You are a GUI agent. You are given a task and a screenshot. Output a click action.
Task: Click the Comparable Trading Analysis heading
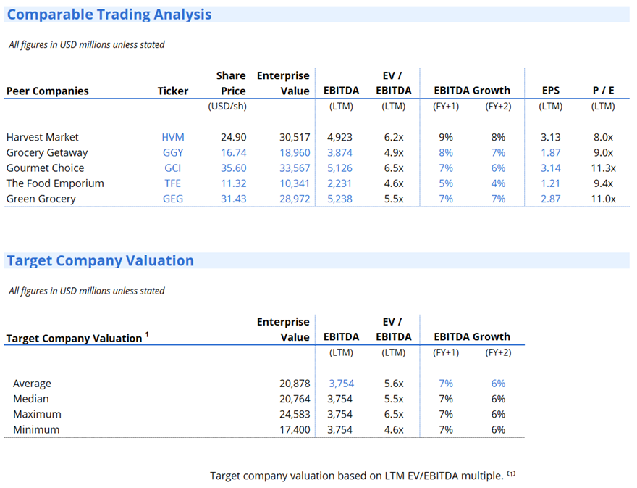click(109, 15)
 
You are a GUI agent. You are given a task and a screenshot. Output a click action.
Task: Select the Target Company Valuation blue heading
click(100, 261)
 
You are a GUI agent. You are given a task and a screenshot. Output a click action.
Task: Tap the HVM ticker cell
click(173, 137)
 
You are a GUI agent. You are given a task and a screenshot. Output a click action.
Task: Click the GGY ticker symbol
click(173, 152)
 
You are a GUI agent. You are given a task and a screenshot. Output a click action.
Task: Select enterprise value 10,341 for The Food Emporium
click(294, 183)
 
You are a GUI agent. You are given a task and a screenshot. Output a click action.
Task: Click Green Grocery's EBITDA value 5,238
click(339, 199)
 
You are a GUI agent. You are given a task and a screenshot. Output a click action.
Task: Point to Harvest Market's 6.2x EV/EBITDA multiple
click(393, 137)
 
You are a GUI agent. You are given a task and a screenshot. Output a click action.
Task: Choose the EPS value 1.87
click(550, 152)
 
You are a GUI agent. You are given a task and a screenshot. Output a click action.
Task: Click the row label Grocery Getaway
click(47, 152)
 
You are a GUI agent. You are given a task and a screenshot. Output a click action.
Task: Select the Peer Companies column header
click(48, 91)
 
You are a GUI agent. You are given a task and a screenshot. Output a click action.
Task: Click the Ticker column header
click(172, 91)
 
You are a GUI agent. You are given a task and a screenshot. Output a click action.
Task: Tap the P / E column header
click(603, 91)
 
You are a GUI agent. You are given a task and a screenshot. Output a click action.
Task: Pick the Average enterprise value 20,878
click(294, 384)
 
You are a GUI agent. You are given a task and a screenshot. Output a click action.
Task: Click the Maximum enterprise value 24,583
click(294, 415)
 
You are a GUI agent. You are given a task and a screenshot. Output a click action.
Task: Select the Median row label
click(31, 399)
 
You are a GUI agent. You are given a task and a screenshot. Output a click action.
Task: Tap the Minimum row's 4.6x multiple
click(393, 430)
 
